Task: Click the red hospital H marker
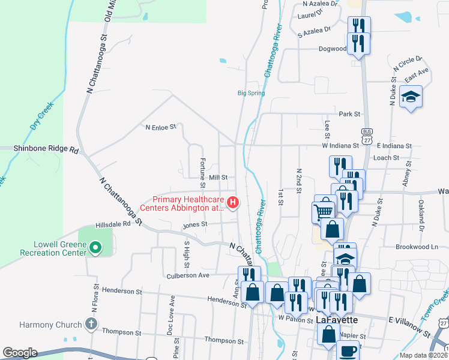tap(232, 203)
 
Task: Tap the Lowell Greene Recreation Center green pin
tap(94, 247)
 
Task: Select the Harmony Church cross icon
tap(91, 325)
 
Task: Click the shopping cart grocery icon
tap(324, 211)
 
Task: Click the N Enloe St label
tap(161, 127)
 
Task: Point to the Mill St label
tap(218, 178)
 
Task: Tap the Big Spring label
tap(251, 93)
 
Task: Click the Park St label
tap(349, 113)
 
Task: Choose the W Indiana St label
tap(340, 145)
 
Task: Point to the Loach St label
tap(385, 158)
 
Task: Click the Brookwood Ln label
tap(417, 247)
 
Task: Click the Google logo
tap(20, 353)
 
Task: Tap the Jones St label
tap(195, 224)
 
